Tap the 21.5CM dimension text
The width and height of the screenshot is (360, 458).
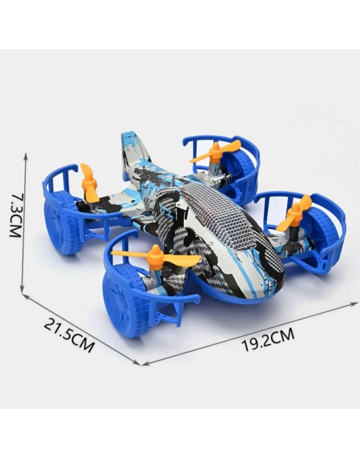click(x=69, y=335)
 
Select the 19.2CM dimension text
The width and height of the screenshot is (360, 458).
click(x=268, y=340)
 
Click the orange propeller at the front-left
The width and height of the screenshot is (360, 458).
click(x=156, y=257)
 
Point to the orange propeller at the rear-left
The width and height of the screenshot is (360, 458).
click(x=89, y=184)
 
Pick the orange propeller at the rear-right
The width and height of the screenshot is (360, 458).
click(x=215, y=152)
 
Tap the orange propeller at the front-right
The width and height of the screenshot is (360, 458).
click(x=295, y=214)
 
